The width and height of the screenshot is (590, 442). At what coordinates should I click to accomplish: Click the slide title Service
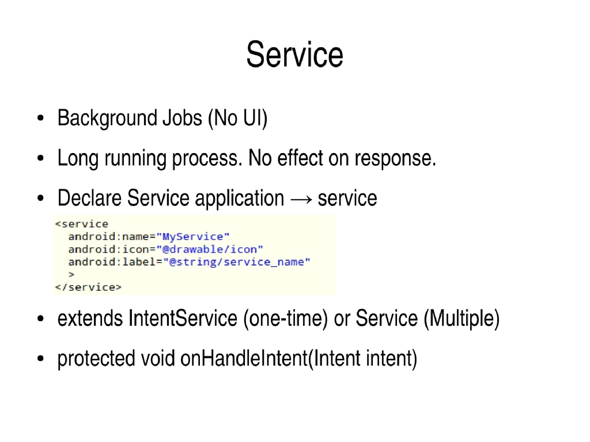pyautogui.click(x=294, y=55)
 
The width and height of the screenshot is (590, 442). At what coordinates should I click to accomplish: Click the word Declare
pyautogui.click(x=89, y=198)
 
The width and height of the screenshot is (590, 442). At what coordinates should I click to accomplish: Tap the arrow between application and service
pyautogui.click(x=301, y=199)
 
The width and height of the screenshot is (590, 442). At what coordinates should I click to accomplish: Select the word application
pyautogui.click(x=239, y=199)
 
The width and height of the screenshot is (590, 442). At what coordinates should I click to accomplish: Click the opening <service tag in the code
pyautogui.click(x=81, y=224)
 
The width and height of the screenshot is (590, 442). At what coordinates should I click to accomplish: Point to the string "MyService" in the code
pyautogui.click(x=196, y=237)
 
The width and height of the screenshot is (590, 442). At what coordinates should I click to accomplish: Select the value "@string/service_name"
pyautogui.click(x=237, y=262)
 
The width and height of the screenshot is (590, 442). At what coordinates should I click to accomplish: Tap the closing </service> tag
pyautogui.click(x=88, y=287)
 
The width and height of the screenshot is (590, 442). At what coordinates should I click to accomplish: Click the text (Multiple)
pyautogui.click(x=461, y=318)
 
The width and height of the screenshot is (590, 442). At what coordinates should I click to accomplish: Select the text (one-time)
pyautogui.click(x=285, y=318)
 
